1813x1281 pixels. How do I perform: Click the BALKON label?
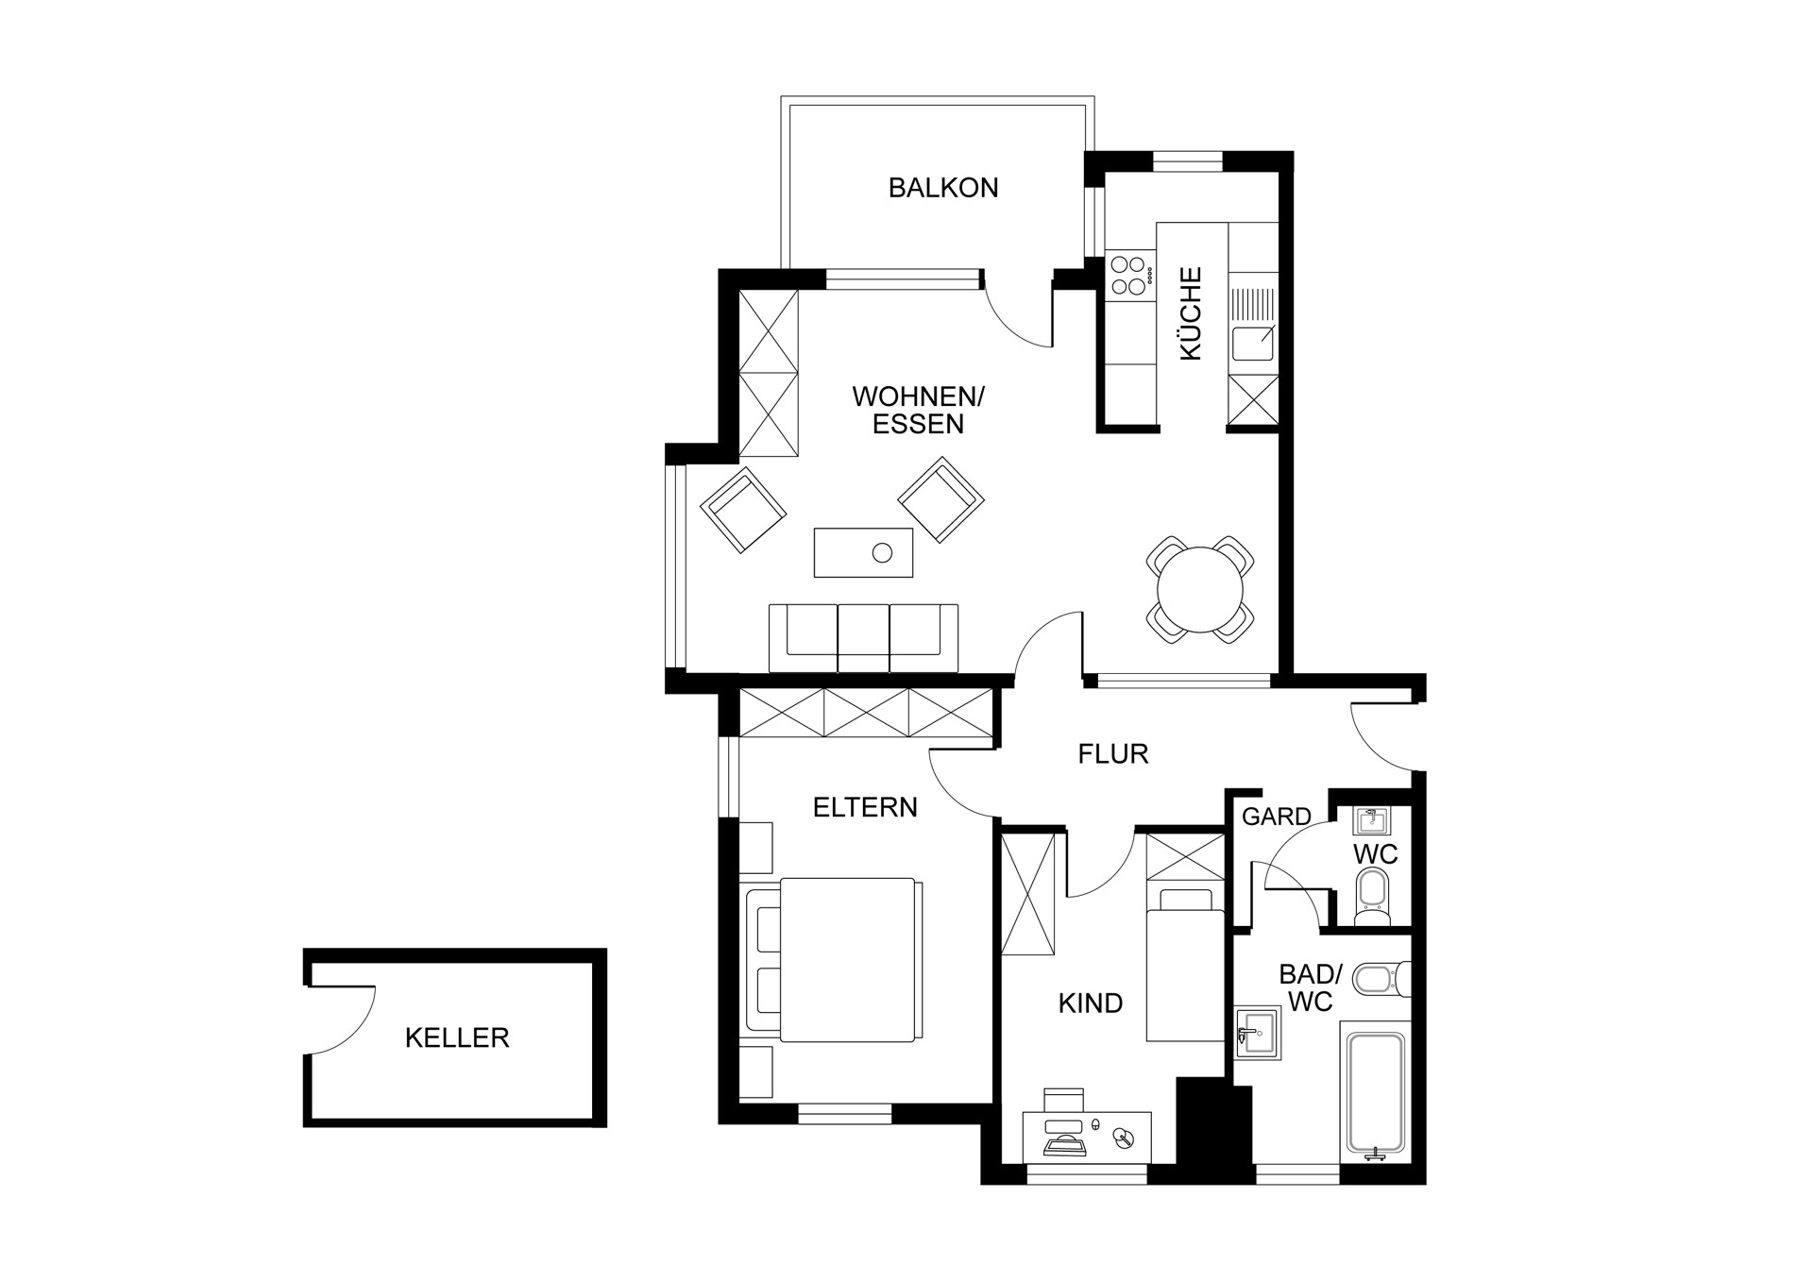click(943, 188)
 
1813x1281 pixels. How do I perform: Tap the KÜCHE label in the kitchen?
click(1192, 313)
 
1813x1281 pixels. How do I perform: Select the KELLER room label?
click(457, 1038)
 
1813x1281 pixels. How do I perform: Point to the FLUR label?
click(1113, 754)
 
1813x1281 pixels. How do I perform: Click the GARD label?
click(1277, 817)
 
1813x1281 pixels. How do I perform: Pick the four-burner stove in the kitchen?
click(1130, 276)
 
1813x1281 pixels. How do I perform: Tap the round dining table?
click(1200, 590)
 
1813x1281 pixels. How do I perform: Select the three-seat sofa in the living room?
click(863, 638)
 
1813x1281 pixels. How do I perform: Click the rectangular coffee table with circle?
click(863, 552)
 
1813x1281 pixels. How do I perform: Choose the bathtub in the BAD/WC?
click(1376, 1095)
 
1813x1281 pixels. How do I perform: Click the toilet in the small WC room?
click(1372, 898)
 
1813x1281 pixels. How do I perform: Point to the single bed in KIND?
click(1185, 964)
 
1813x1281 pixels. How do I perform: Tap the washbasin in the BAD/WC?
click(1258, 1033)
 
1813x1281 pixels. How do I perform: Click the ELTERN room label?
click(865, 808)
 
